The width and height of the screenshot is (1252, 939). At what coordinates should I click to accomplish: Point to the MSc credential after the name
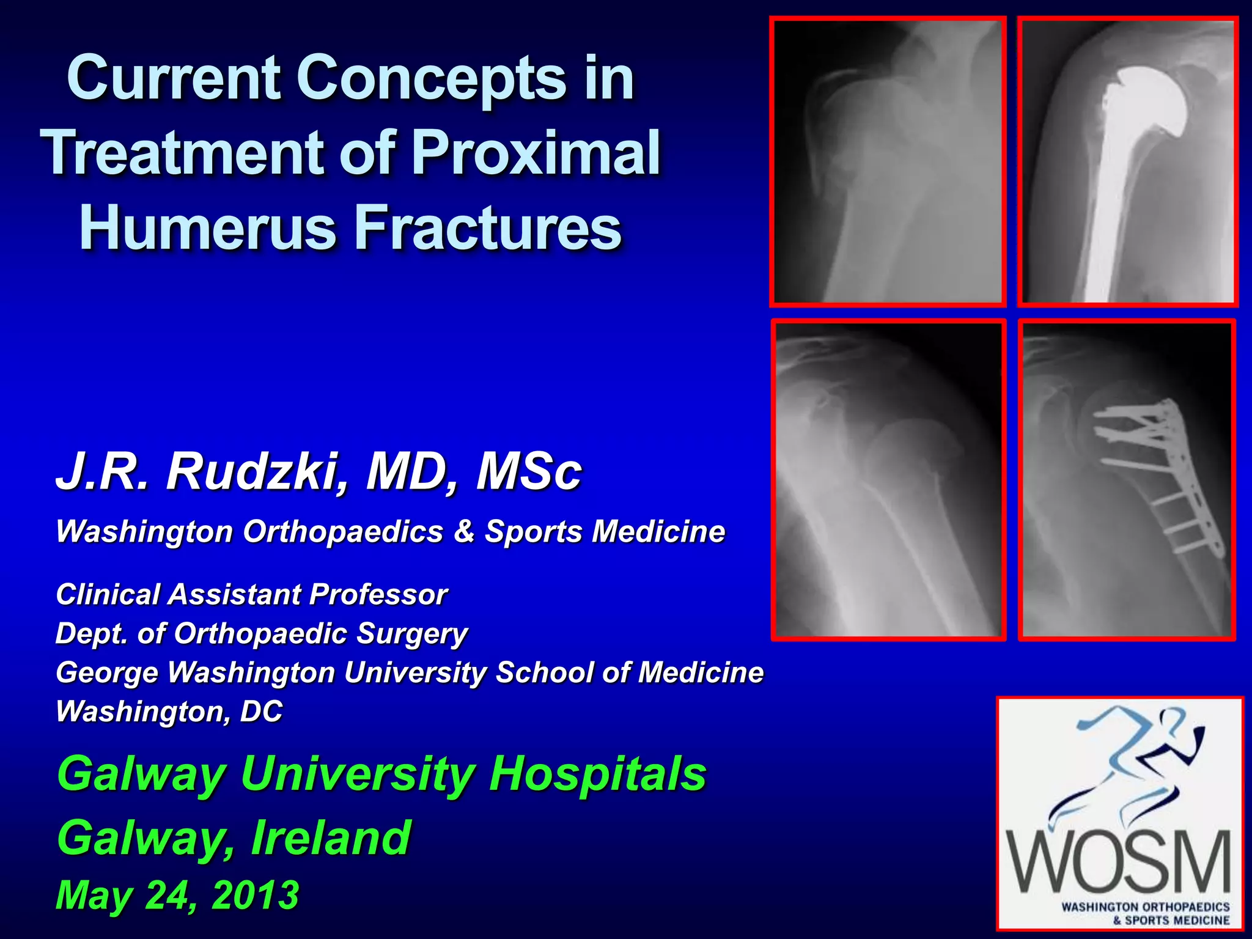[529, 472]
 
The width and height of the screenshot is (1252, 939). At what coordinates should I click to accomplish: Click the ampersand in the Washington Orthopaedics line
[465, 531]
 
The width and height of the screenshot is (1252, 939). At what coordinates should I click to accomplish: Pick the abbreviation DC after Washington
[261, 712]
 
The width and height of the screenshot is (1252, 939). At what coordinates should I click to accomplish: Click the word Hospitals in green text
[597, 774]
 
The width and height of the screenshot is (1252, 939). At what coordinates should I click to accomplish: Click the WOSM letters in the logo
[1120, 863]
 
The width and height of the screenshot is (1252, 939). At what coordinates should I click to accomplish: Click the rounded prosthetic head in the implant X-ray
[1148, 101]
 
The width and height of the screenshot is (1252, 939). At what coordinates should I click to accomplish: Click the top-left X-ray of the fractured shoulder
[888, 161]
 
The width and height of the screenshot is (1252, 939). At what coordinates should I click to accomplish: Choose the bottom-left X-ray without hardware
[888, 480]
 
